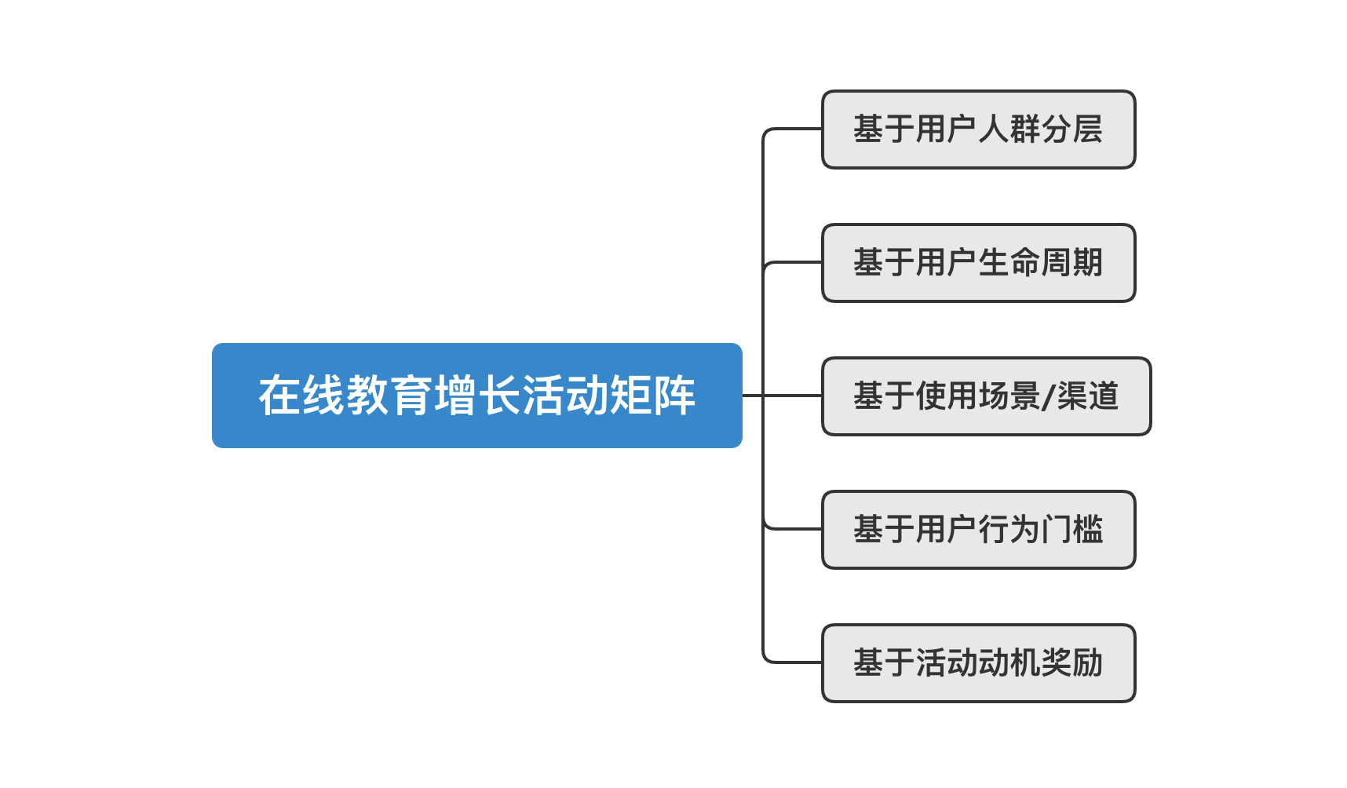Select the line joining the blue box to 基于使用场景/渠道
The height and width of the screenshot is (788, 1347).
pos(782,396)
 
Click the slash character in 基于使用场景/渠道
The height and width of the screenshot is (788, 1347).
pos(1048,396)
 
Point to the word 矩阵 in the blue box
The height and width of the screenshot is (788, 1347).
pos(652,396)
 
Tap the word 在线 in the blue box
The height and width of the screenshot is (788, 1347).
pos(302,396)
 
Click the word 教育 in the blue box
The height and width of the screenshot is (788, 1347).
pos(389,396)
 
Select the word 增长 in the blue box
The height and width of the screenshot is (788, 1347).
pos(477,396)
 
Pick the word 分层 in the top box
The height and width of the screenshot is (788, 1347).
pos(1072,130)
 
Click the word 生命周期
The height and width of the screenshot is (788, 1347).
pos(1041,263)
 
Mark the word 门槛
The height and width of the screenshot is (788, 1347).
pos(1072,530)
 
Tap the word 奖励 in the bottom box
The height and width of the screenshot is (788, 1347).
pos(1072,663)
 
